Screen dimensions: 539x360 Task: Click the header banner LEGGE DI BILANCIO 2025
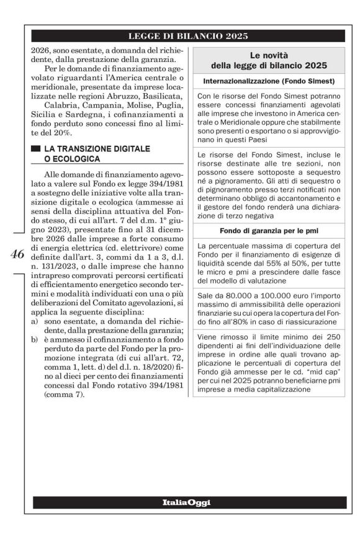pos(187,37)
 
